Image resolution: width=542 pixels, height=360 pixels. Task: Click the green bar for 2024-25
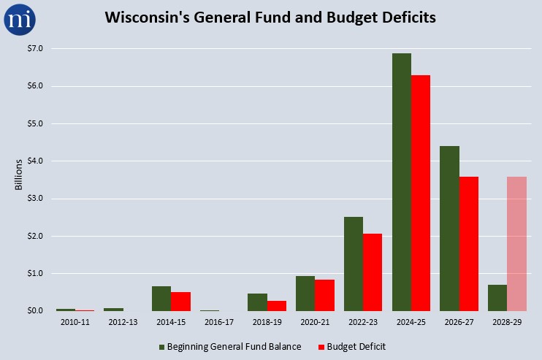pos(402,182)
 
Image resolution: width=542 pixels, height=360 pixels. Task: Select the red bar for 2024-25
pos(421,193)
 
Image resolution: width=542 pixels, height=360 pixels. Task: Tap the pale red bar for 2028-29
pos(516,244)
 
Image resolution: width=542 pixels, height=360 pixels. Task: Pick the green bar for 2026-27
pos(450,229)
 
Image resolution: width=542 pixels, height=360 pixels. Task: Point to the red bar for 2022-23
pos(373,272)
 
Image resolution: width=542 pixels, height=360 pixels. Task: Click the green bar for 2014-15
pos(161,299)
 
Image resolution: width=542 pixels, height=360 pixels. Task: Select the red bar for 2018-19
pos(277,306)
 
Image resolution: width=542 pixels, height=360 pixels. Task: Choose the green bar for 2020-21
pos(305,294)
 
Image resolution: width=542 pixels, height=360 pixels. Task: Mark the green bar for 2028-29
pos(497,298)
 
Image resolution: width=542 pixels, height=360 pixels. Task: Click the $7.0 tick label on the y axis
pos(35,48)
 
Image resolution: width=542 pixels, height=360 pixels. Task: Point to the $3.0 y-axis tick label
pos(35,199)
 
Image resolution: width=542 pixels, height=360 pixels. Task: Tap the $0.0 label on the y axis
pos(35,310)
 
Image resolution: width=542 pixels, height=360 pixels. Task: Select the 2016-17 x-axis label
pos(219,322)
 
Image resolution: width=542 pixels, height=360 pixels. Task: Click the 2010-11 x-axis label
pos(75,322)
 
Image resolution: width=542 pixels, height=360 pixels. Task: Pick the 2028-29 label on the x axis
pos(507,322)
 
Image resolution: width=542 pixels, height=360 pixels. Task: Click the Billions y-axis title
pos(19,175)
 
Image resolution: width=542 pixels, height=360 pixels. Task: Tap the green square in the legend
pos(161,347)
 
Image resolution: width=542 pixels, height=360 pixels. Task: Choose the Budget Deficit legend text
pos(356,347)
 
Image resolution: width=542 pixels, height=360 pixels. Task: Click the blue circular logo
pos(20,19)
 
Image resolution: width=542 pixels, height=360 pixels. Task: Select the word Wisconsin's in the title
pos(148,18)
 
